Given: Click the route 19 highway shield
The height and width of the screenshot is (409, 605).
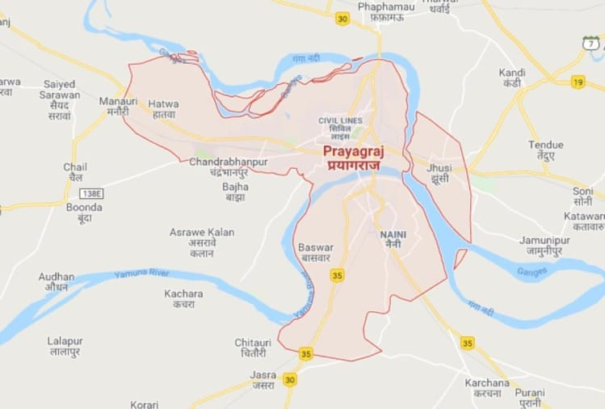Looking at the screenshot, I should [578, 82].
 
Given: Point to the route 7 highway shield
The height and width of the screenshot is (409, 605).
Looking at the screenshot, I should [590, 44].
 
